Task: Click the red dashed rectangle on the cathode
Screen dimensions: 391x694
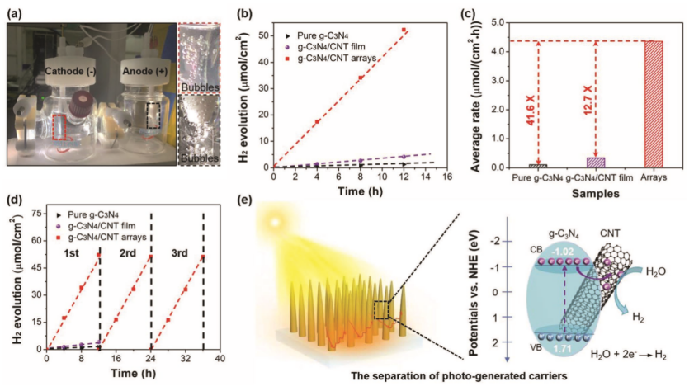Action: pyautogui.click(x=59, y=130)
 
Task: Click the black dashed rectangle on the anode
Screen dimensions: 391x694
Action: pyautogui.click(x=153, y=116)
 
